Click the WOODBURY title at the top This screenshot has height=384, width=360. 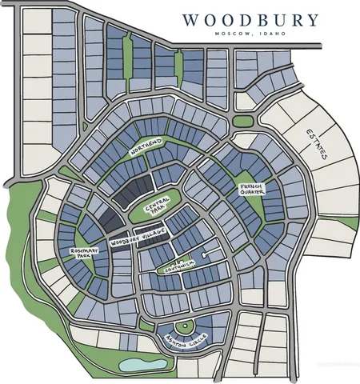pos(250,21)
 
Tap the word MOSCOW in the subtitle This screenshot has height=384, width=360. pos(233,34)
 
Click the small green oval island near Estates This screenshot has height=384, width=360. pos(243,121)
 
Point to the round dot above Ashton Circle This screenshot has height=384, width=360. pos(184,326)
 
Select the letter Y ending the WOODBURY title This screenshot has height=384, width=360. pos(311,21)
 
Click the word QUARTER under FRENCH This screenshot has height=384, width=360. pos(251,197)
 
